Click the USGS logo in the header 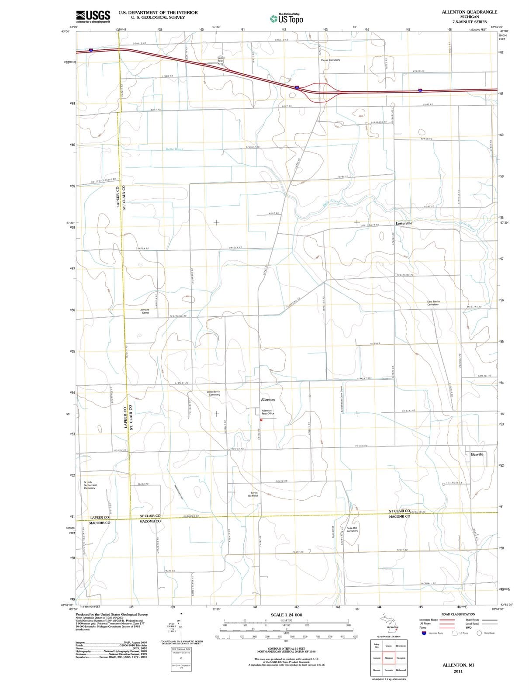[93, 17]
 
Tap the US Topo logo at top [287, 19]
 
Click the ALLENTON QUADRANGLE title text [469, 12]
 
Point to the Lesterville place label [404, 223]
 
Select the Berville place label [477, 454]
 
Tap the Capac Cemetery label [330, 60]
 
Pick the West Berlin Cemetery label [213, 393]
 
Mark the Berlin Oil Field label [252, 494]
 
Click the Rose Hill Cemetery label [352, 529]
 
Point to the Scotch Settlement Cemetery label [90, 485]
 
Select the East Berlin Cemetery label [433, 303]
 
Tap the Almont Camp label [145, 311]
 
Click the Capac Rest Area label [221, 61]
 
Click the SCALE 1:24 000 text [286, 615]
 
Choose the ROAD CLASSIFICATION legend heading [458, 614]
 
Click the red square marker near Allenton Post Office [261, 420]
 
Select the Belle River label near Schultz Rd [174, 149]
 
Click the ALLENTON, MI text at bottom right [458, 665]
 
